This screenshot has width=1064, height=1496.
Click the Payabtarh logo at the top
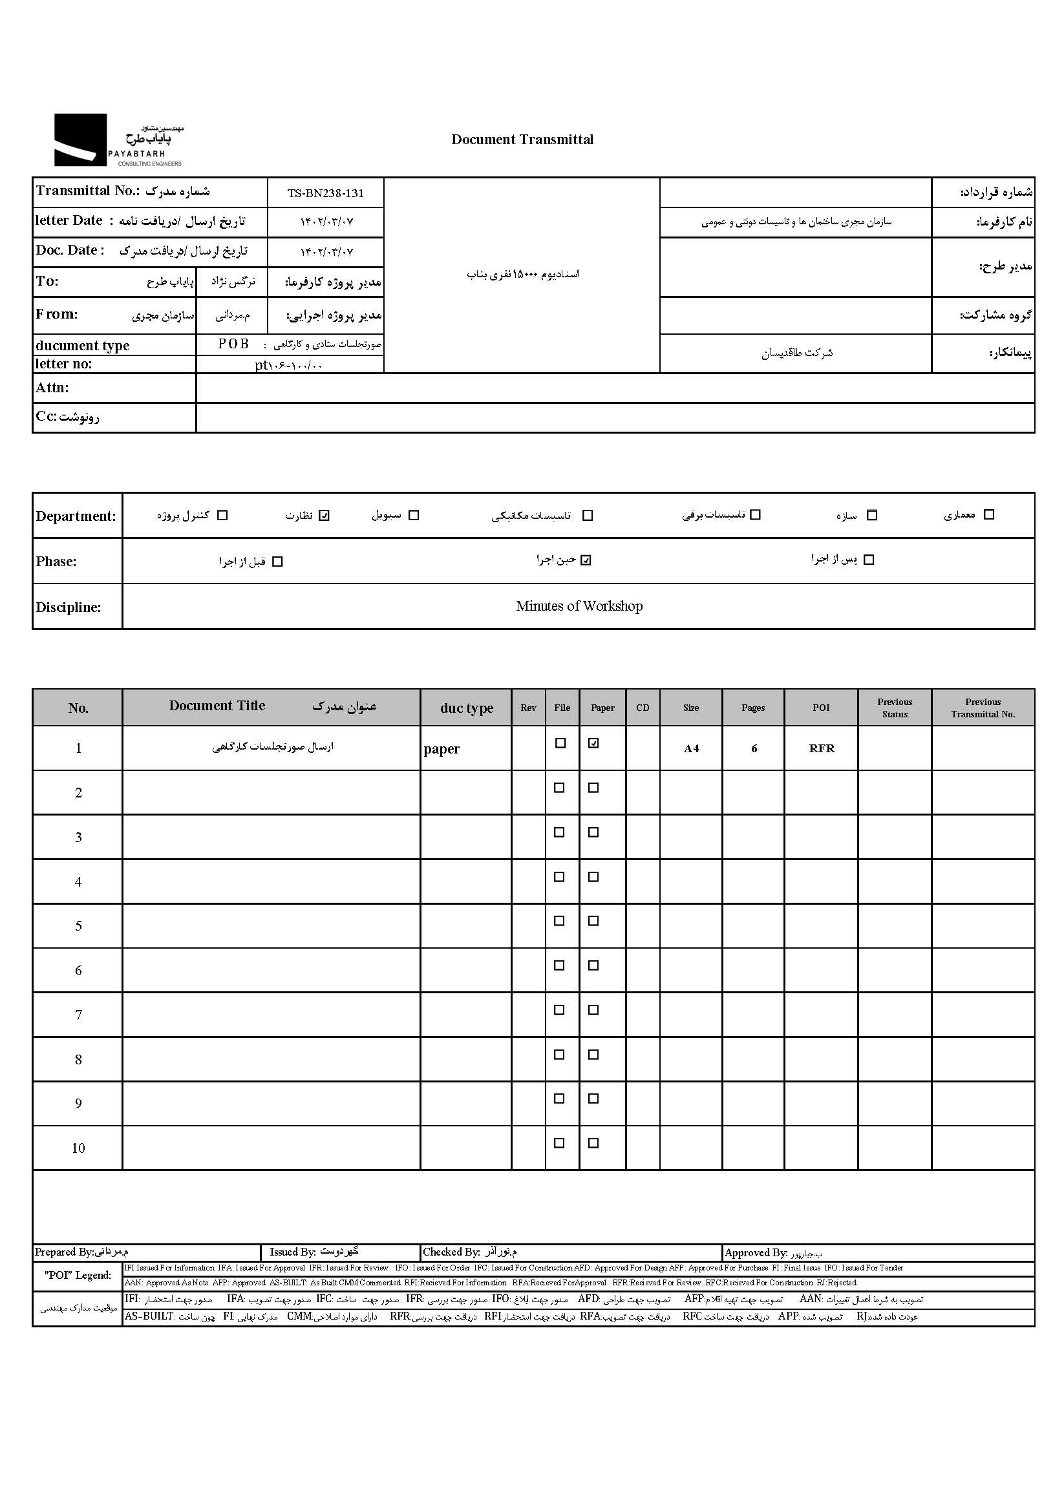pyautogui.click(x=118, y=140)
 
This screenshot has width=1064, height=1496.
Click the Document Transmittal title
pyautogui.click(x=522, y=140)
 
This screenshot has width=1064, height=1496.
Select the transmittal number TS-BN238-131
pyautogui.click(x=326, y=193)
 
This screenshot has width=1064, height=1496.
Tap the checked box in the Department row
pyautogui.click(x=325, y=516)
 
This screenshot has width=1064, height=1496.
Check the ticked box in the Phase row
pyautogui.click(x=586, y=560)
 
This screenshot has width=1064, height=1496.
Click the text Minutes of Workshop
pyautogui.click(x=579, y=606)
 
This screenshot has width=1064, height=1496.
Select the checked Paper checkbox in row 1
pyautogui.click(x=593, y=743)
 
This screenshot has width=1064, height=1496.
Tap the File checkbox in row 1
pyautogui.click(x=560, y=743)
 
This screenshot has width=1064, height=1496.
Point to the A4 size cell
pyautogui.click(x=691, y=749)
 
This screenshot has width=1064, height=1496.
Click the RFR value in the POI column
pyautogui.click(x=822, y=749)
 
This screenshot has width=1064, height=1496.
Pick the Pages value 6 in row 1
pyautogui.click(x=754, y=749)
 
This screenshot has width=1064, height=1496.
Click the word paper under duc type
pyautogui.click(x=442, y=749)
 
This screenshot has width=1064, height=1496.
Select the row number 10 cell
pyautogui.click(x=78, y=1148)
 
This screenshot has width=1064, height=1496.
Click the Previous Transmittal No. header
pyautogui.click(x=983, y=708)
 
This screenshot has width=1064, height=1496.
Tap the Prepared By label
pyautogui.click(x=64, y=1252)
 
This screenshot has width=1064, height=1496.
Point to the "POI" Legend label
pyautogui.click(x=78, y=1275)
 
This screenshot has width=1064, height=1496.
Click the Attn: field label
pyautogui.click(x=52, y=388)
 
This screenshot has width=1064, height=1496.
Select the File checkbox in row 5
pyautogui.click(x=560, y=921)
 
